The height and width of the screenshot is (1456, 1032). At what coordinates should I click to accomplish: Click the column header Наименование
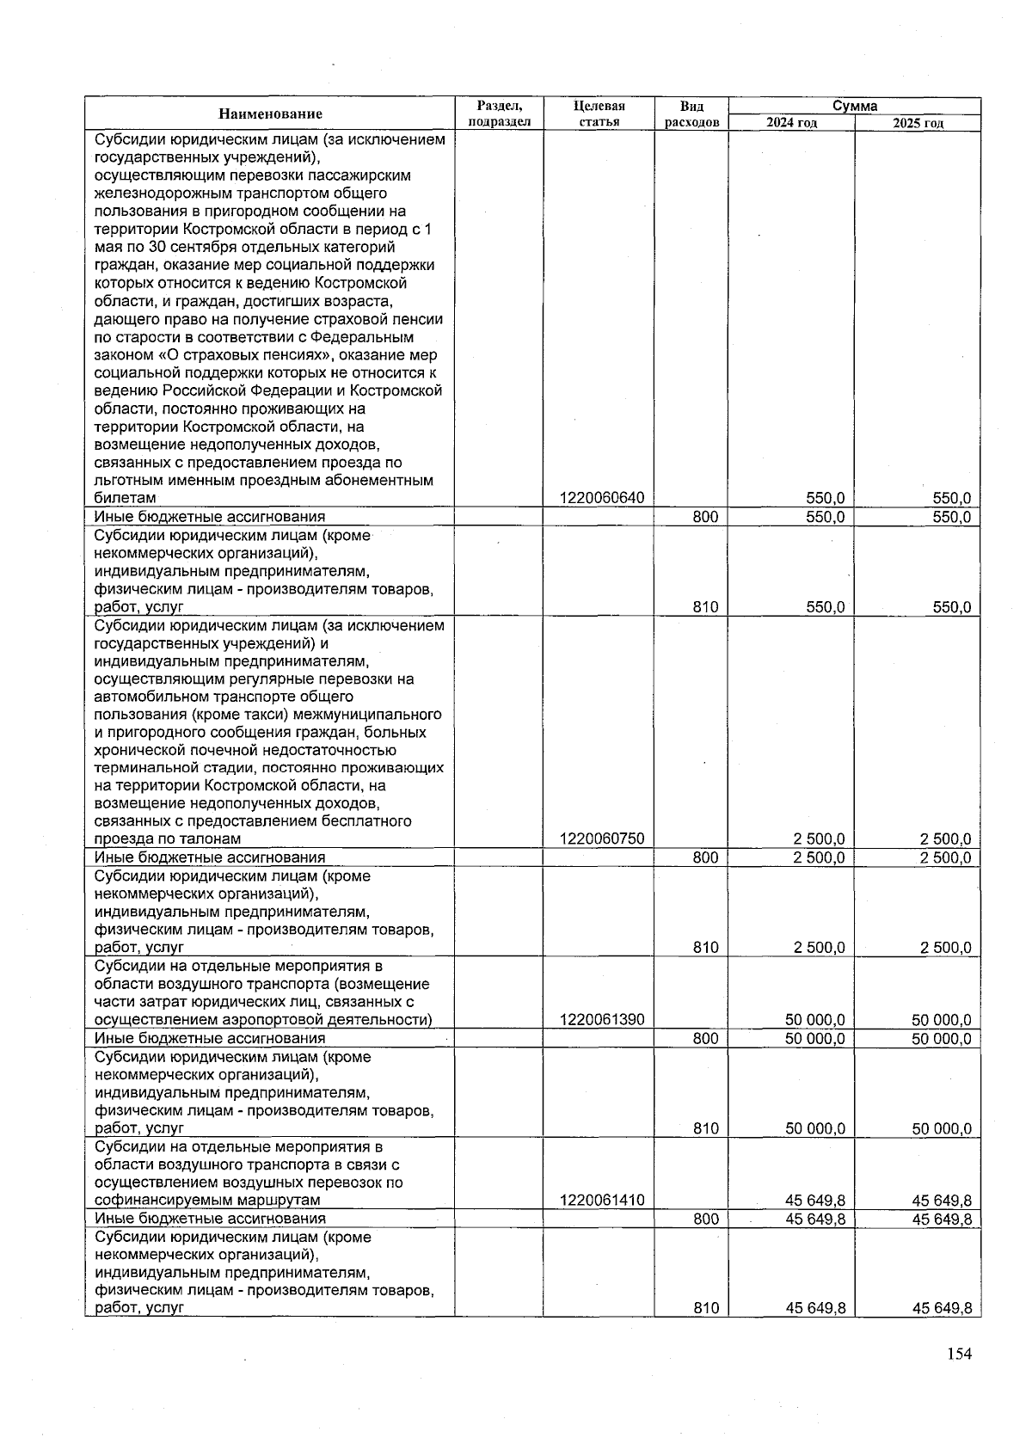pyautogui.click(x=270, y=114)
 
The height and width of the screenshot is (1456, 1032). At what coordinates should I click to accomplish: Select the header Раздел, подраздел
pyautogui.click(x=499, y=114)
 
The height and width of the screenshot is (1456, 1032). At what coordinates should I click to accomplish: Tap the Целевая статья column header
pyautogui.click(x=599, y=114)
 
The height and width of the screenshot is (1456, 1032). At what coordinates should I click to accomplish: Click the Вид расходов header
pyautogui.click(x=691, y=114)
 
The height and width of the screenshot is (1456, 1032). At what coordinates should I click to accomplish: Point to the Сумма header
pyautogui.click(x=854, y=107)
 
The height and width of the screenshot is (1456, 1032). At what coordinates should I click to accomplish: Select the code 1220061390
pyautogui.click(x=601, y=1021)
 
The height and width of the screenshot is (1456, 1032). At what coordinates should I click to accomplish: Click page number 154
pyautogui.click(x=959, y=1355)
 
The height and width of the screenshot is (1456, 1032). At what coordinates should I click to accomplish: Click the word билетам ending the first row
pyautogui.click(x=126, y=499)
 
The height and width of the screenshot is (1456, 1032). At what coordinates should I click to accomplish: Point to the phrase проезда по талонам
pyautogui.click(x=168, y=839)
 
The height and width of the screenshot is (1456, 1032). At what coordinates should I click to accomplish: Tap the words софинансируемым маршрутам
pyautogui.click(x=207, y=1201)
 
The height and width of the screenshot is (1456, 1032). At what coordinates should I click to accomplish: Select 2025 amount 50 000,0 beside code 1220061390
pyautogui.click(x=941, y=1021)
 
